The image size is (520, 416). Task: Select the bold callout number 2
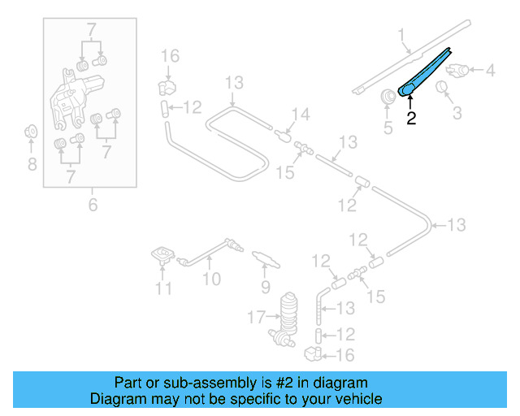(x=411, y=119)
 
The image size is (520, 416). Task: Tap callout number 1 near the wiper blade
(x=401, y=34)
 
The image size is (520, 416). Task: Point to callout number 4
(x=490, y=71)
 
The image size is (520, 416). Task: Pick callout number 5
(x=388, y=127)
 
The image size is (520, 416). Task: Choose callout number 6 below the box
(x=92, y=206)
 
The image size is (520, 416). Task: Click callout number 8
(x=32, y=165)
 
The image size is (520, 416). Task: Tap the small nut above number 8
(x=31, y=130)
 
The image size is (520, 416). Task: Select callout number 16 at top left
(x=169, y=55)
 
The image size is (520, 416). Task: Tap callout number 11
(x=163, y=288)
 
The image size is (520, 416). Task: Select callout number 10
(x=211, y=280)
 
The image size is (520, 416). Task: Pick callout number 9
(x=265, y=287)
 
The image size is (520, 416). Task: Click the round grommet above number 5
(x=388, y=97)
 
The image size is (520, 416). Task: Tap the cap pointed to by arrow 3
(x=444, y=86)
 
